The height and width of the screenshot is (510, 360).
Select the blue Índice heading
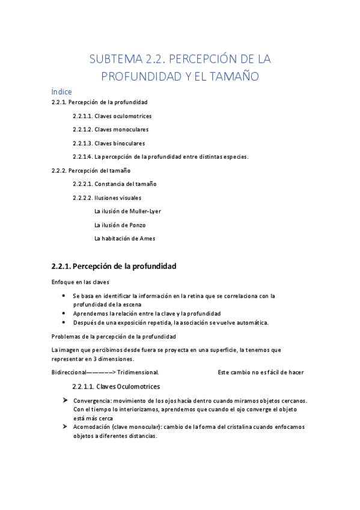point(62,91)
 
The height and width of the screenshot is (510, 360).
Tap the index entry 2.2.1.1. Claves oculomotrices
point(112,115)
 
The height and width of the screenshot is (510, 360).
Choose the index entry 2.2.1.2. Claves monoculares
point(111,129)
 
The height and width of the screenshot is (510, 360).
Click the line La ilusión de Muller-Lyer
point(127,211)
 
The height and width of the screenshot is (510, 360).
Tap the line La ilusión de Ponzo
point(120,225)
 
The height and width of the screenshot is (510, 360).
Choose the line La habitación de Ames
point(124,239)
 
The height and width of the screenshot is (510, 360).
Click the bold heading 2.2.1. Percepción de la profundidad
point(114,266)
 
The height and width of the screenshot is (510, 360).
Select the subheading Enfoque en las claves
point(81,282)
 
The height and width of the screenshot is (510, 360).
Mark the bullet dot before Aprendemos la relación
point(64,314)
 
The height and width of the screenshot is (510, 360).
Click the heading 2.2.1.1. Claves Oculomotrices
point(116,386)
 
